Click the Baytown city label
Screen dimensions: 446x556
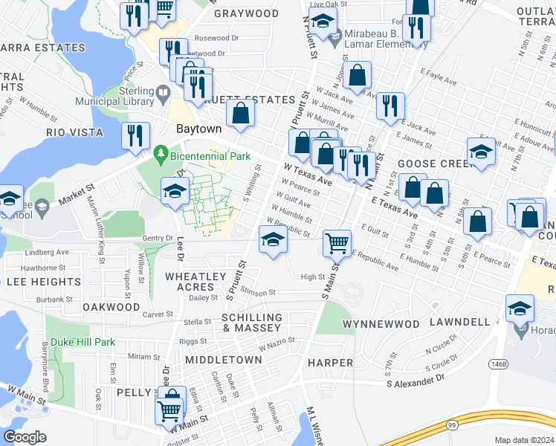point(198,129)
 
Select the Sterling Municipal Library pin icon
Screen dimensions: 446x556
point(164,94)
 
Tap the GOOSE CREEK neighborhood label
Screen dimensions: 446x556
point(430,164)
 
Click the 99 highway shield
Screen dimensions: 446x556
point(451,425)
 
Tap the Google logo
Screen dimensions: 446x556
point(25,437)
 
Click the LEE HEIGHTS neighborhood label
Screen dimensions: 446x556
point(44,282)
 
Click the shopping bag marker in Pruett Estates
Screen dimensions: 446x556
point(241,114)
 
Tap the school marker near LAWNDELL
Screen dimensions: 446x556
point(520,308)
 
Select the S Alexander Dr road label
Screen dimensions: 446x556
point(415,378)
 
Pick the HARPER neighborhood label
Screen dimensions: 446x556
point(330,363)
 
